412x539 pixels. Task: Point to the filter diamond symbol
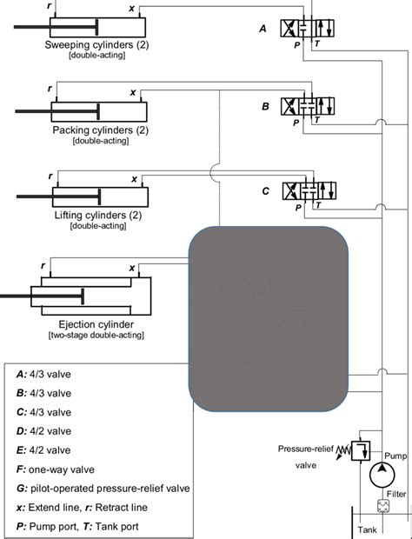[x=381, y=506]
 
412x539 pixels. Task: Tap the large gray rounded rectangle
[x=269, y=319]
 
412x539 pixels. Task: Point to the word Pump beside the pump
[x=395, y=456]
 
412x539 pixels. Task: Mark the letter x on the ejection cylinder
[x=131, y=269]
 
